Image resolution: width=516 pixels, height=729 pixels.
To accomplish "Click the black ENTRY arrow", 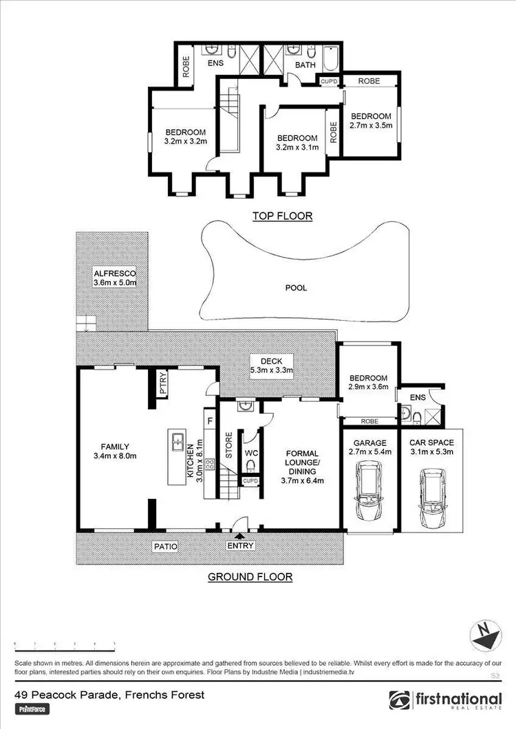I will click(239, 536).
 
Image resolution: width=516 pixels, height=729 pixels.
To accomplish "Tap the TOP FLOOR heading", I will click(282, 216).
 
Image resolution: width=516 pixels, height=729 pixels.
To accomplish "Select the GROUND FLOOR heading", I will click(250, 576).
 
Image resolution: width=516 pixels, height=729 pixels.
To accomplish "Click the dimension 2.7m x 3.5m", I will click(370, 126).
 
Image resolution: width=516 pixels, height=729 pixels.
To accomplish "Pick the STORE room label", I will click(229, 445).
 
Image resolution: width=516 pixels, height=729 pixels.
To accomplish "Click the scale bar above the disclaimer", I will click(65, 646).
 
